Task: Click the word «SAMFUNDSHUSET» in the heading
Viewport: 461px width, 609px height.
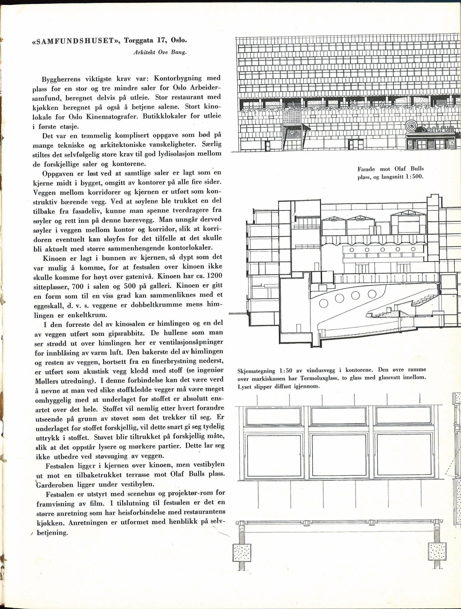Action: coord(75,41)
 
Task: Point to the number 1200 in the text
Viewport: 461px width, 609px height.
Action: coord(214,276)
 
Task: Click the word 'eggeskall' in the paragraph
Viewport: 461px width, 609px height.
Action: coord(48,305)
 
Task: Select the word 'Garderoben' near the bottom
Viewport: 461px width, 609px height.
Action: coord(56,484)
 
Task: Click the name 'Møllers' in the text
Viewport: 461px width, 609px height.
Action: coord(48,381)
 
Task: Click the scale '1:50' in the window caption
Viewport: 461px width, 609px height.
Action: coord(285,371)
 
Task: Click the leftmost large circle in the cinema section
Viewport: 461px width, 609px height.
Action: coord(324,303)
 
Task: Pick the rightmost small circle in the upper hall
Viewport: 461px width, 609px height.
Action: coord(413,249)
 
